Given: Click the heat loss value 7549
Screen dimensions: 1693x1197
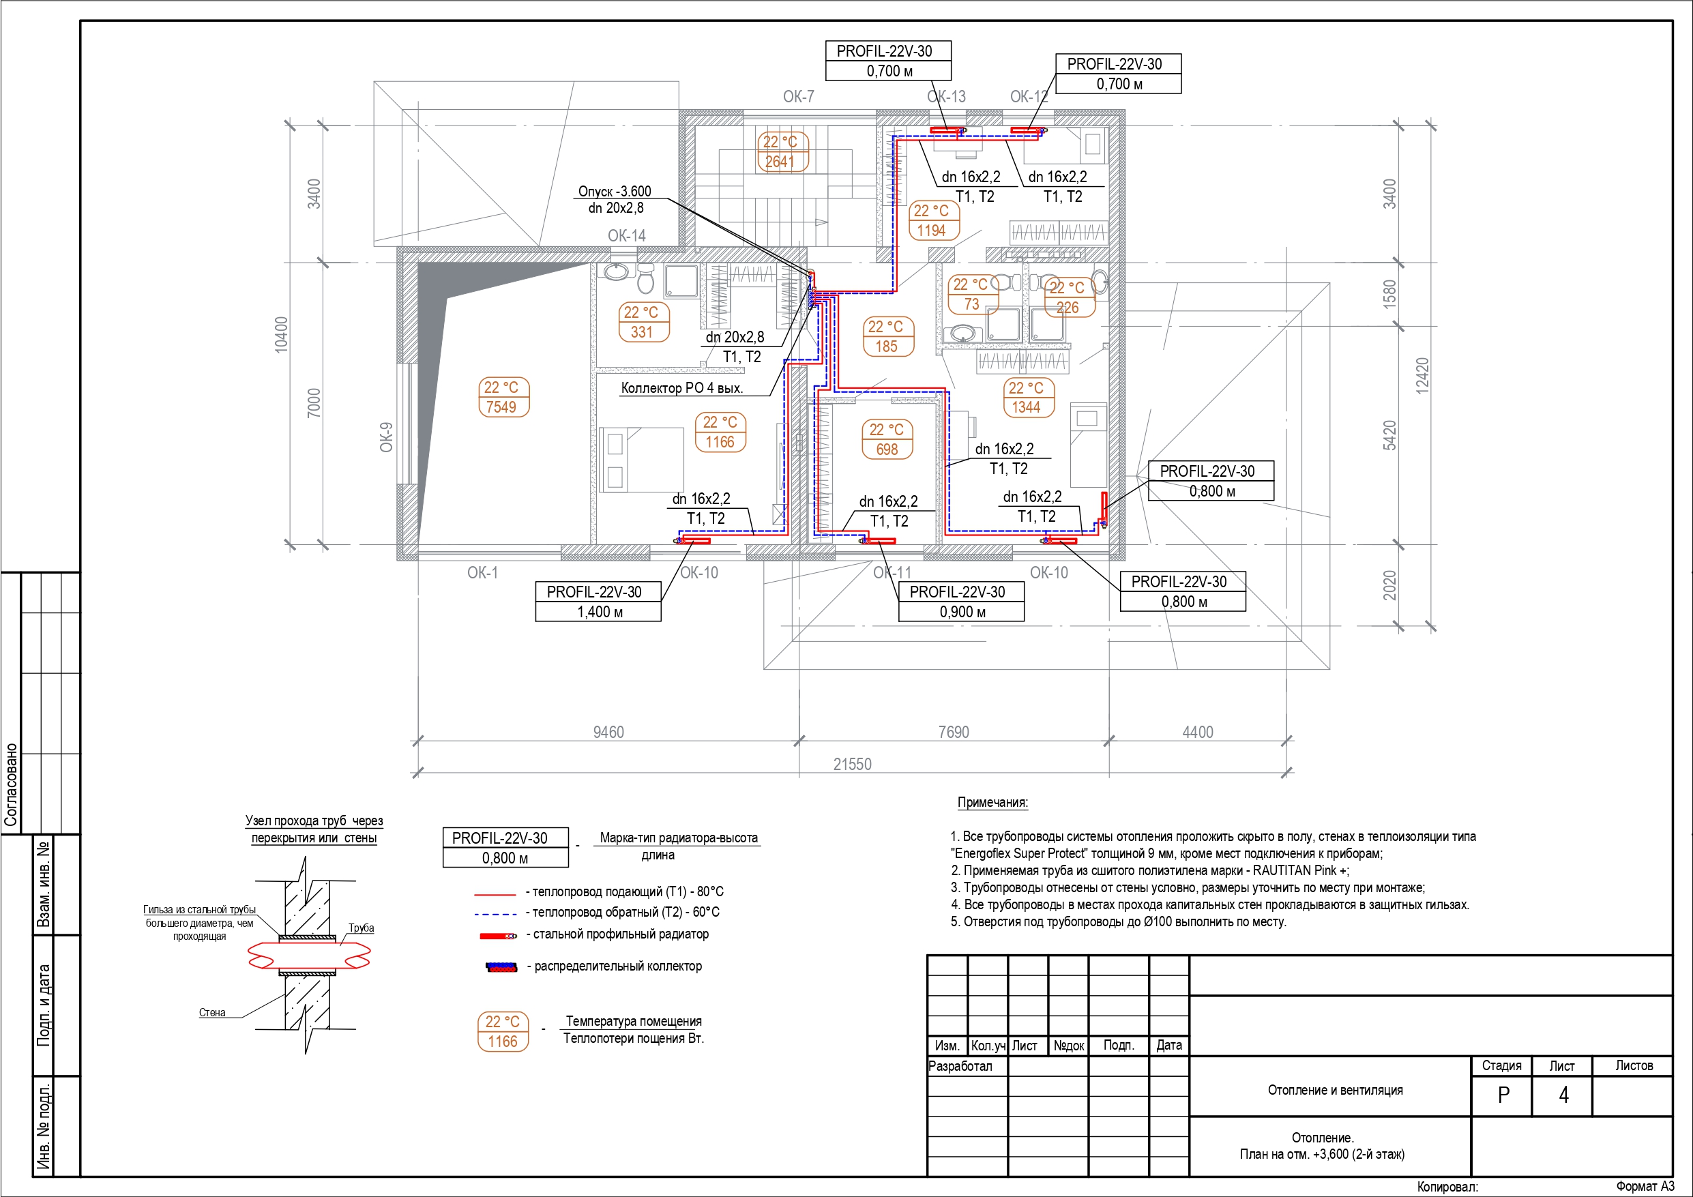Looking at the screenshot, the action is [501, 407].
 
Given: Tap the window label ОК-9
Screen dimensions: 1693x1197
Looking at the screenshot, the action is [386, 437].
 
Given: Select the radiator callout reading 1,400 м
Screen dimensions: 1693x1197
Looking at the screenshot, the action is [600, 611].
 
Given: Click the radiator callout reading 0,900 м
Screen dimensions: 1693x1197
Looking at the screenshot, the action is [962, 611].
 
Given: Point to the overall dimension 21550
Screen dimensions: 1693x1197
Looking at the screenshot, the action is [853, 764].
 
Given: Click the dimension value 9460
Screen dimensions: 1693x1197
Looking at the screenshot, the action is [608, 732].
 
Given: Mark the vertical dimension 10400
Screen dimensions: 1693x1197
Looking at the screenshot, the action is [282, 335].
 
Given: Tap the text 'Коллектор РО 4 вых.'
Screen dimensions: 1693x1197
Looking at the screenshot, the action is [682, 388].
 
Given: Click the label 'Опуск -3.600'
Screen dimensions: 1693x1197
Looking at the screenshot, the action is [615, 191].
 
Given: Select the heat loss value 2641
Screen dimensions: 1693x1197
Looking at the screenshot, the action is [780, 162].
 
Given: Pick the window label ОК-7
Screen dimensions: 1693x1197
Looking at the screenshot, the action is [799, 97].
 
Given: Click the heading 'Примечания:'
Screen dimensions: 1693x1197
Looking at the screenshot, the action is [992, 802].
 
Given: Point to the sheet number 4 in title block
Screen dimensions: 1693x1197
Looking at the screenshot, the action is [1563, 1095].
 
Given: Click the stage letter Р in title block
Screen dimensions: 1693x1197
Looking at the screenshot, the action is [1503, 1095].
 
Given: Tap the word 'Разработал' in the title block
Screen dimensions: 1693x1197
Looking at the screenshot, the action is [960, 1066].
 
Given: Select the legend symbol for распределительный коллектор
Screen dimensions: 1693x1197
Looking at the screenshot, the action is [501, 967].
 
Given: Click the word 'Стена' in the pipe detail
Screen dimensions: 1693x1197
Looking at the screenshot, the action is [212, 1013].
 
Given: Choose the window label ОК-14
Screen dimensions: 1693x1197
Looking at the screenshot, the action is [627, 236].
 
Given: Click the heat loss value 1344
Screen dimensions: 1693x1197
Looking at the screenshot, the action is [1027, 407].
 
